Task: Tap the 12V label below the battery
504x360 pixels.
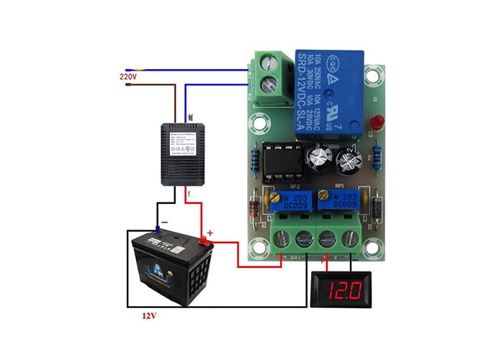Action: click(x=148, y=315)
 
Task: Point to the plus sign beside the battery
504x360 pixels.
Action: click(x=210, y=233)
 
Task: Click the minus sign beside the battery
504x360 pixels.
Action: click(x=165, y=223)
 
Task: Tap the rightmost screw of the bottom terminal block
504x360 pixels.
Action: click(x=352, y=238)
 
